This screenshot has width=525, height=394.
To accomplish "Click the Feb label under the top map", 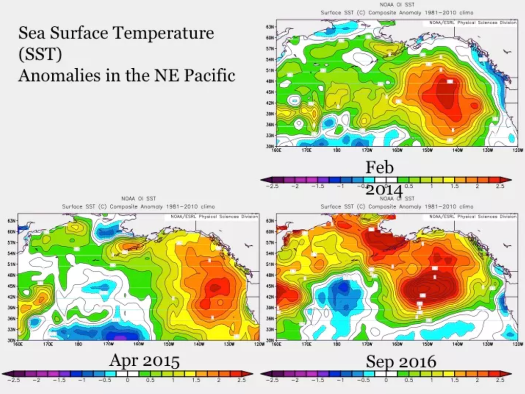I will point(379,167).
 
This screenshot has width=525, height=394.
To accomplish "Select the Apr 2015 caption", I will point(144,361).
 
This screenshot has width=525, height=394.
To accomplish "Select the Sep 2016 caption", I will point(401,362).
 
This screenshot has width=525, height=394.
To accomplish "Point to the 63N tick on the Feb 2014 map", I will point(269,27).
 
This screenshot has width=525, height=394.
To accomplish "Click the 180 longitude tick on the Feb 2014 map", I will point(336,151).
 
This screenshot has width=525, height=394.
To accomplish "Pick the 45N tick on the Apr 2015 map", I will point(11,286).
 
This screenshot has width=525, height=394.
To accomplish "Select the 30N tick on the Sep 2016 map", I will point(269,340).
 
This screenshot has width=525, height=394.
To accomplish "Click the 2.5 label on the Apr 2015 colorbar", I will point(241,380).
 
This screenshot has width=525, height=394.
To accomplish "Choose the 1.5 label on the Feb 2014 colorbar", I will point(454,186).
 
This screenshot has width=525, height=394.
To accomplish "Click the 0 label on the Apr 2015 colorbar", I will point(127,380).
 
